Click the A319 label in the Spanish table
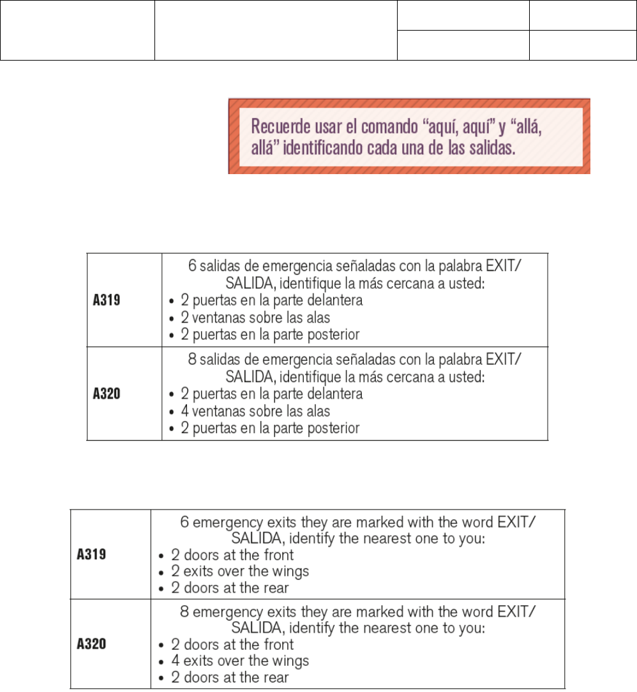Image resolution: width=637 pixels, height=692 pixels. click(106, 300)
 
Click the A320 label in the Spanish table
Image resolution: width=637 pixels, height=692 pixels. click(106, 394)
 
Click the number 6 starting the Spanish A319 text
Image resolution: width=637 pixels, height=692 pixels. click(191, 267)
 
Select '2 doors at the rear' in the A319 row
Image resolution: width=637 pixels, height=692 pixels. click(230, 587)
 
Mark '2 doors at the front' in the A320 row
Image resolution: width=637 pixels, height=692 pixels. click(232, 644)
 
